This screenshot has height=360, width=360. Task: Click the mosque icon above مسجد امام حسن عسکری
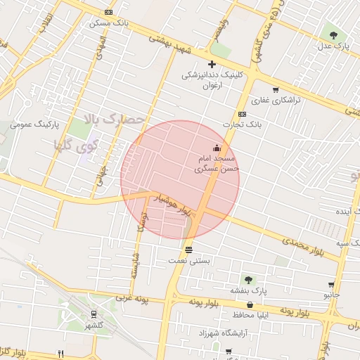[217, 148]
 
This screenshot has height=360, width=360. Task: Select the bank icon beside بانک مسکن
[108, 13]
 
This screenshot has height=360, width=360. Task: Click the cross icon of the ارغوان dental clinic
[211, 64]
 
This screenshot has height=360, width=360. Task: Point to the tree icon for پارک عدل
[333, 34]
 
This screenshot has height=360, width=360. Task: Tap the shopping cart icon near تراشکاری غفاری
[275, 89]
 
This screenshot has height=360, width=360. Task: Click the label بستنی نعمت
[188, 260]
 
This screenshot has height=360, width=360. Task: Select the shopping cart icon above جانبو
[330, 285]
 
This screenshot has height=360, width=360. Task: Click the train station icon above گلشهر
[93, 314]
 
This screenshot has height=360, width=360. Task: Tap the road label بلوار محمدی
[302, 247]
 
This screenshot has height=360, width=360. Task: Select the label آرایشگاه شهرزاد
[226, 330]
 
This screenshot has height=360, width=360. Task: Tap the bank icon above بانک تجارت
[243, 113]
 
